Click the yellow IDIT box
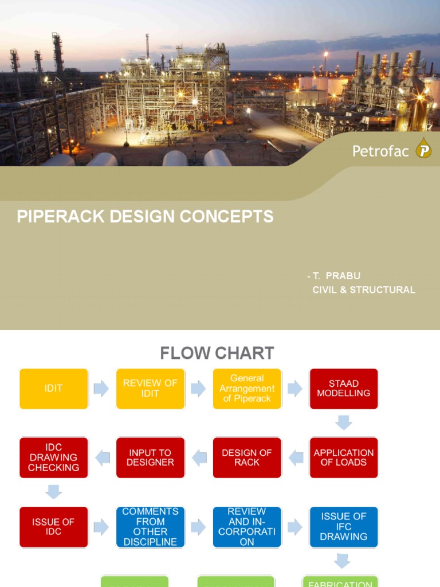coord(54,389)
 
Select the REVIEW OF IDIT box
coord(150,389)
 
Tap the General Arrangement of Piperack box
coord(247,389)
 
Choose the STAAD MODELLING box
coord(344,389)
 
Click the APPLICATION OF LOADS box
coord(344,457)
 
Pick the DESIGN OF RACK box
coord(247,457)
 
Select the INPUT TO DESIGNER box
coord(150,457)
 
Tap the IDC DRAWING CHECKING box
coord(54,457)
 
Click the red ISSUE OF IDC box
coord(54,527)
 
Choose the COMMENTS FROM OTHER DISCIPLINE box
coord(150,527)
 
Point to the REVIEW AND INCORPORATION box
coord(247,527)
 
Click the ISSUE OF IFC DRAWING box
coord(344,527)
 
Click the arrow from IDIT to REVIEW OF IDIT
coord(101,389)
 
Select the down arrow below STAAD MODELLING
coord(344,423)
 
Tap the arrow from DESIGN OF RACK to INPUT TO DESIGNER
coord(199,457)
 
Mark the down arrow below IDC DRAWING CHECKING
coord(54,492)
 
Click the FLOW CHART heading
coord(217,353)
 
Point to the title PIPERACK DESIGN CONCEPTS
coord(146,217)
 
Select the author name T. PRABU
coord(337,276)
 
